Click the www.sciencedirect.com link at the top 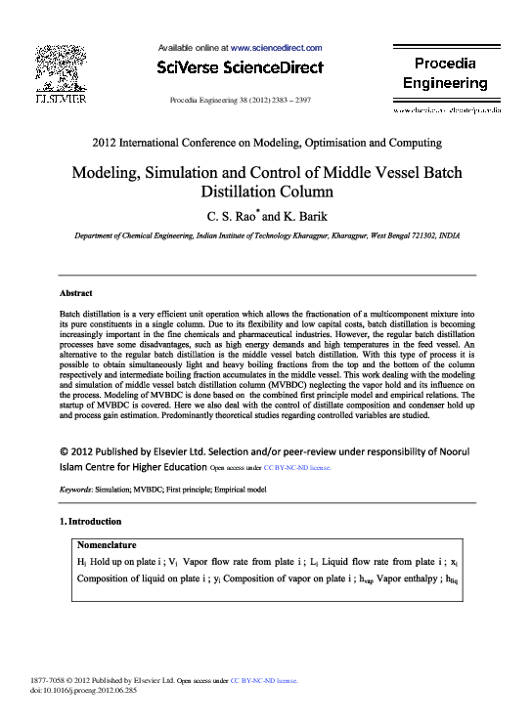pos(276,47)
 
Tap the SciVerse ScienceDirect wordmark pos(239,68)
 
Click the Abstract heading pos(76,293)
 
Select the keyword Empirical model pos(250,487)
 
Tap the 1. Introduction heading pos(91,522)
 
